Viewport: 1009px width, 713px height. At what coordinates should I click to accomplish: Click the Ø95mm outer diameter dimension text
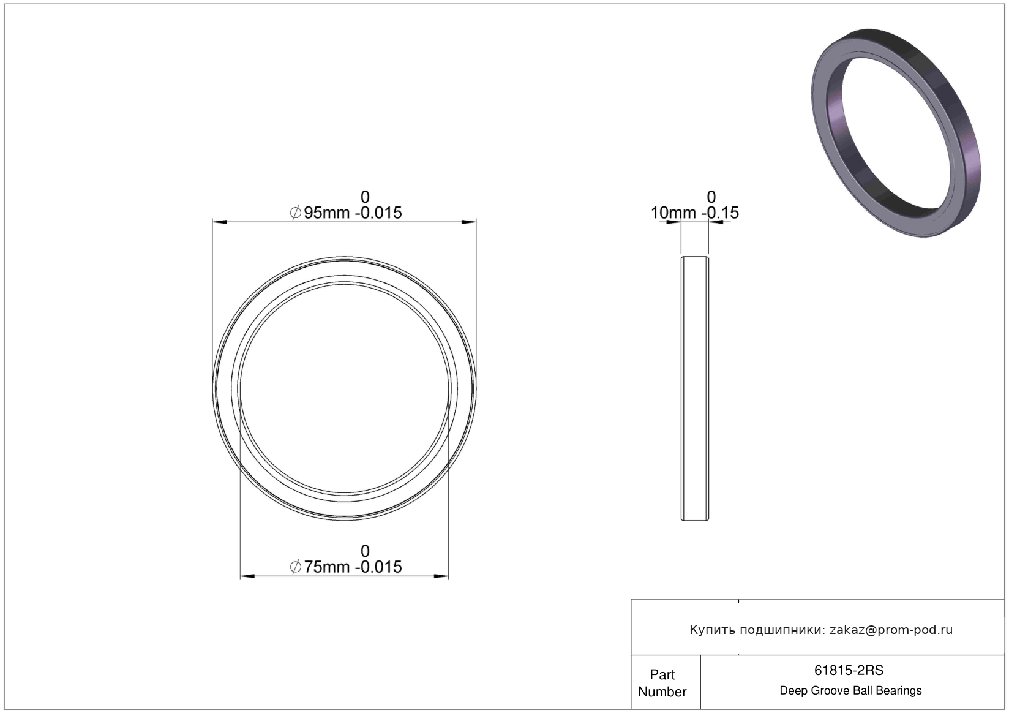pyautogui.click(x=345, y=213)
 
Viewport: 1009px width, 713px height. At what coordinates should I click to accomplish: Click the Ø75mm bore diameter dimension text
pyautogui.click(x=345, y=567)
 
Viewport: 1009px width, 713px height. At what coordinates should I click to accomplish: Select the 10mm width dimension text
pyautogui.click(x=694, y=213)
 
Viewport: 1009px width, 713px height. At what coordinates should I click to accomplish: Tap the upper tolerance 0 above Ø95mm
pyautogui.click(x=365, y=197)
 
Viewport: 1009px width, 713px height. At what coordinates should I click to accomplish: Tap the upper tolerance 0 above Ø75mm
pyautogui.click(x=365, y=551)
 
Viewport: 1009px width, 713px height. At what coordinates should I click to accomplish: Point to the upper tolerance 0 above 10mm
pyautogui.click(x=711, y=197)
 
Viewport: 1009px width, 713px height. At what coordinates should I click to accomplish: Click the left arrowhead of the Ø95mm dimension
pyautogui.click(x=219, y=222)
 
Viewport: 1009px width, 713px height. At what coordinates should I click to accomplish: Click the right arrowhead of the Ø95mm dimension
pyautogui.click(x=470, y=222)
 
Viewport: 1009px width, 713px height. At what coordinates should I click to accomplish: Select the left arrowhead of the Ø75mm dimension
pyautogui.click(x=247, y=576)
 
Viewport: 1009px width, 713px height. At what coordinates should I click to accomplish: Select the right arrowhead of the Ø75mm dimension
pyautogui.click(x=441, y=576)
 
